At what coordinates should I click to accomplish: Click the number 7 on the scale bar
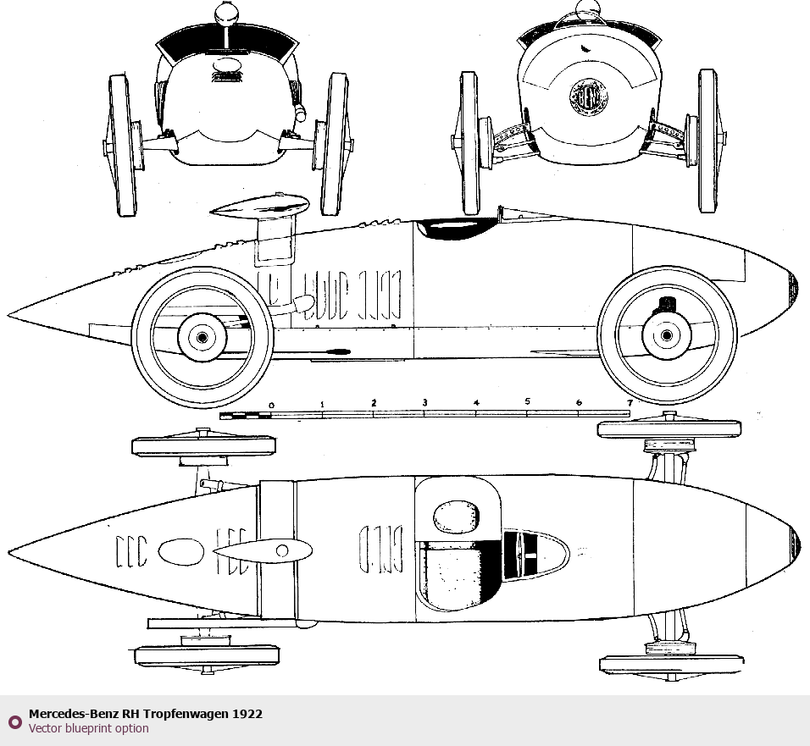pyautogui.click(x=630, y=402)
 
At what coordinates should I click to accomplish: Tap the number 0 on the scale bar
pyautogui.click(x=271, y=406)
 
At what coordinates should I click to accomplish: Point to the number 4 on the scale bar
pyautogui.click(x=476, y=403)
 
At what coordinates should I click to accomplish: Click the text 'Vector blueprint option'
pyautogui.click(x=88, y=728)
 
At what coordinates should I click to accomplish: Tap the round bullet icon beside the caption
pyautogui.click(x=14, y=721)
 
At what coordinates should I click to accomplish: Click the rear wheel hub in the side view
pyautogui.click(x=667, y=335)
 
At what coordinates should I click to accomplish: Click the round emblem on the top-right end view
pyautogui.click(x=584, y=97)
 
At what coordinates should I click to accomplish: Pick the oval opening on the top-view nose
pyautogui.click(x=181, y=551)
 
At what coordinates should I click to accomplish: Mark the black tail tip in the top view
pyautogui.click(x=796, y=539)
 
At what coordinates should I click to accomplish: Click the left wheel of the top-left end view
pyautogui.click(x=123, y=145)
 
